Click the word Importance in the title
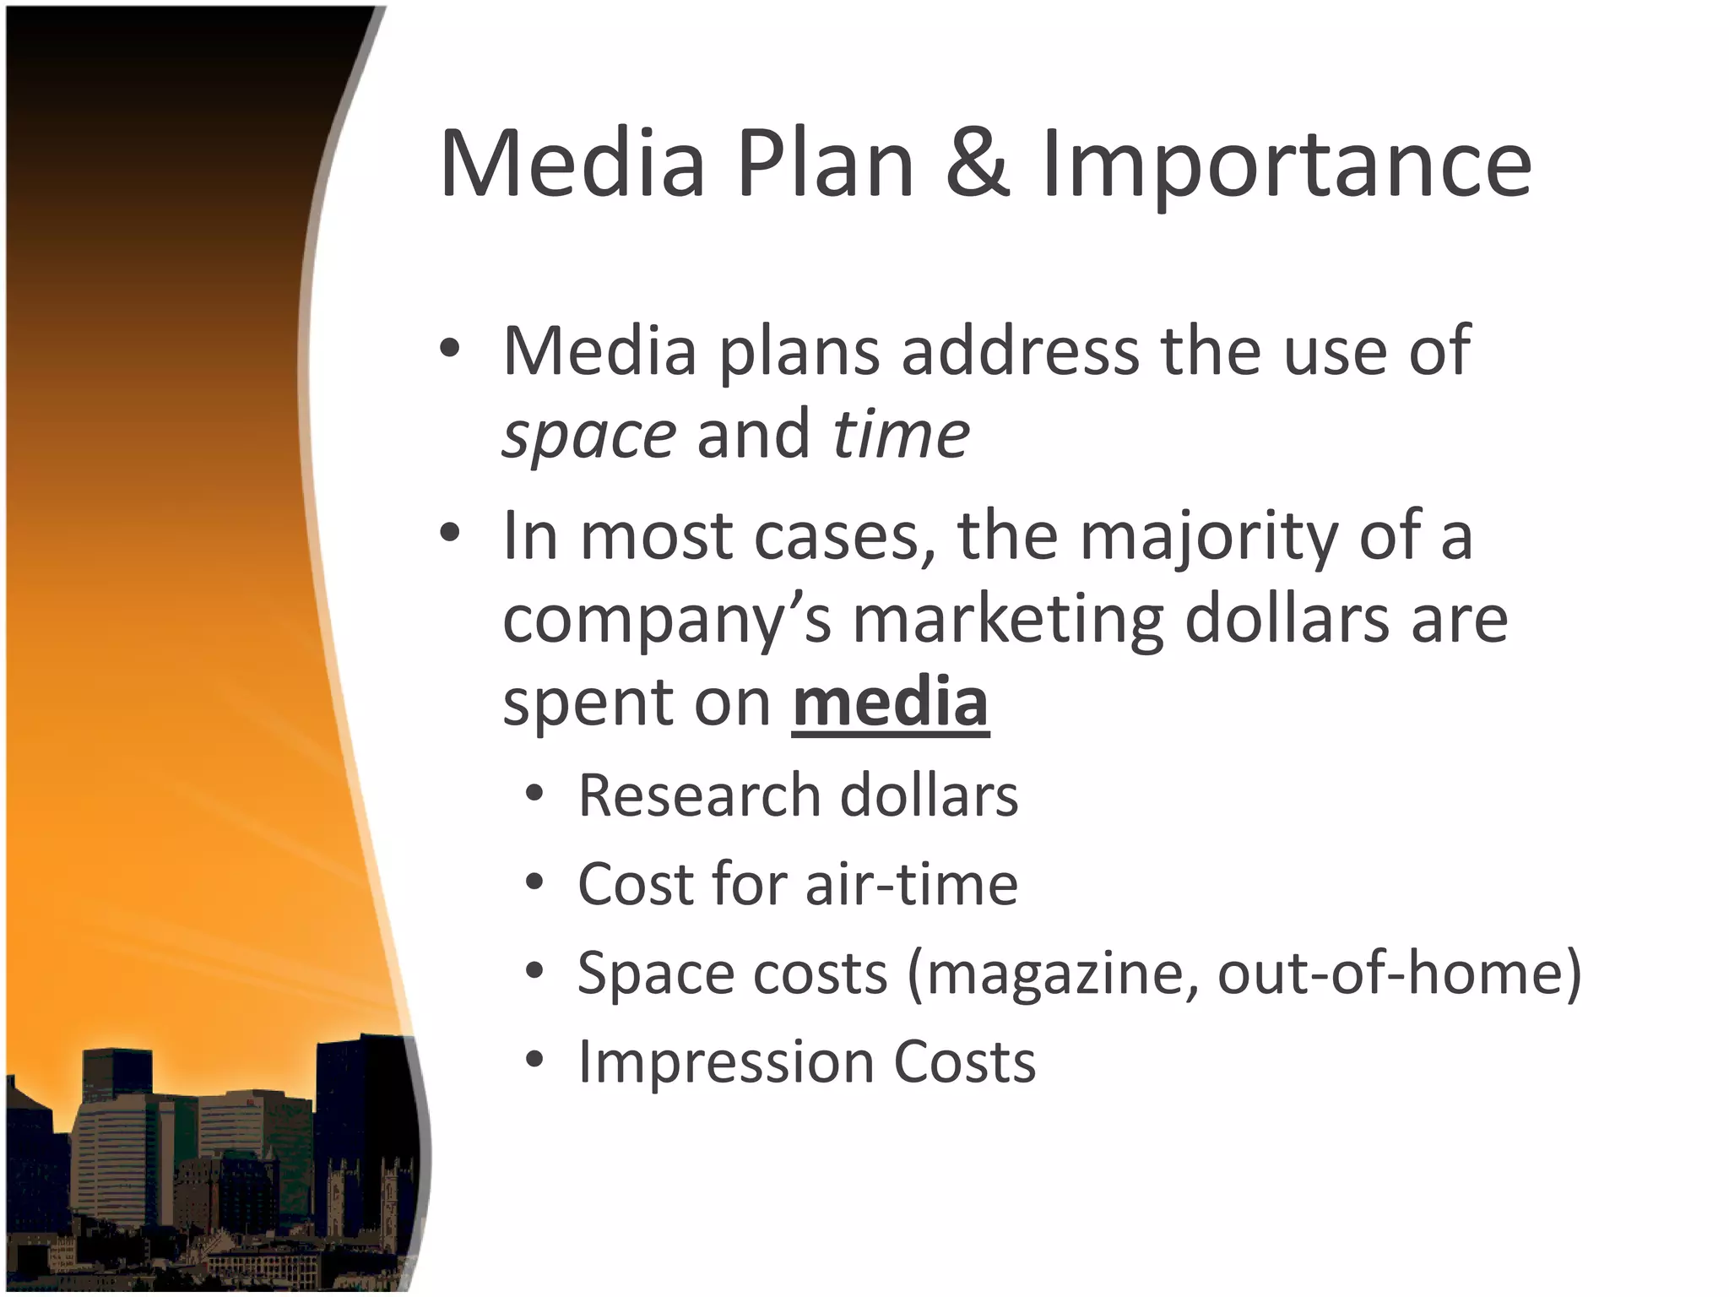coord(1286,166)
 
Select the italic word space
coord(588,437)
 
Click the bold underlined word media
coord(890,703)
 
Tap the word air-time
coord(912,884)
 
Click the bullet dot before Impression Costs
coord(534,1060)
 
